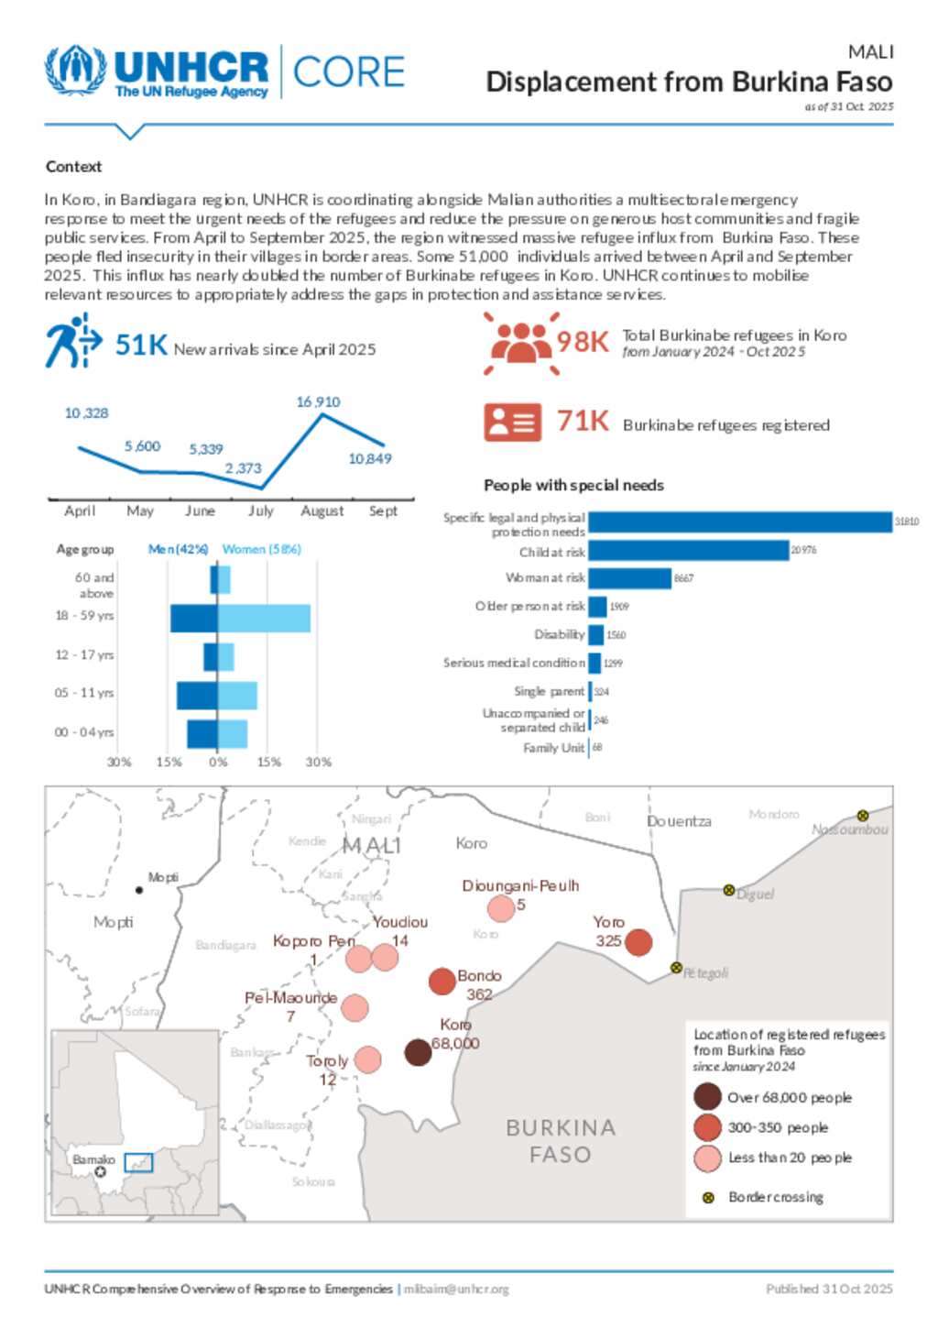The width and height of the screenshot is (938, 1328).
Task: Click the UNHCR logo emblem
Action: click(x=76, y=71)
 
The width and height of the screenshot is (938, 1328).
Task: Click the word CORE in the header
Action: click(x=349, y=72)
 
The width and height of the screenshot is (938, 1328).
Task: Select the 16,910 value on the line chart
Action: click(x=318, y=402)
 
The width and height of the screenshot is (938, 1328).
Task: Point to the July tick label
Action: click(x=261, y=511)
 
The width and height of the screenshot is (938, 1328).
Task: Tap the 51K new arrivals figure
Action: click(x=141, y=346)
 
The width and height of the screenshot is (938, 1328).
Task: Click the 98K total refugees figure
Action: click(x=583, y=342)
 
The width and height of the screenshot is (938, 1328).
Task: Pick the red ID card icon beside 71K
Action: click(x=512, y=423)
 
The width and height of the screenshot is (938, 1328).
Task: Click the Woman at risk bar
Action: click(x=630, y=578)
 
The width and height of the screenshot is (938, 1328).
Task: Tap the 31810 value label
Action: click(x=907, y=521)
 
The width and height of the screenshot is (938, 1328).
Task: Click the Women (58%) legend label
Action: click(x=262, y=549)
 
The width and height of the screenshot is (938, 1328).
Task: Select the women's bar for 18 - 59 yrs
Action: click(x=264, y=618)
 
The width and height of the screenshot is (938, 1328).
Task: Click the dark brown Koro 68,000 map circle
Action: click(x=418, y=1052)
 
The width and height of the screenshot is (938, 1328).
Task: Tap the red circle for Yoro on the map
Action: click(x=638, y=941)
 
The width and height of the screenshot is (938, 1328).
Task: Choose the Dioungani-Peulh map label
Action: click(x=520, y=886)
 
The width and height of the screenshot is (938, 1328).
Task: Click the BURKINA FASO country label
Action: click(x=561, y=1141)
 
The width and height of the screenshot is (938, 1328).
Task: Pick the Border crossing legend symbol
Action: click(x=708, y=1198)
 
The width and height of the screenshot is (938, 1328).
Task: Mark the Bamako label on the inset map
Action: click(x=93, y=1159)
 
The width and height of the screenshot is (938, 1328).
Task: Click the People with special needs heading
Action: click(x=573, y=486)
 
